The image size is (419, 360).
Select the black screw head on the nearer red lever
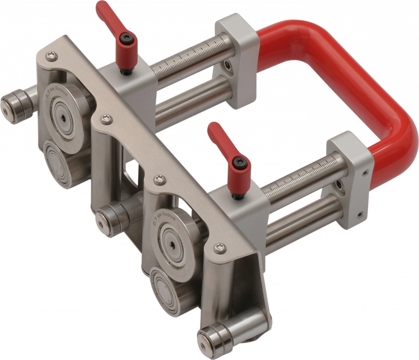(240, 162)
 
